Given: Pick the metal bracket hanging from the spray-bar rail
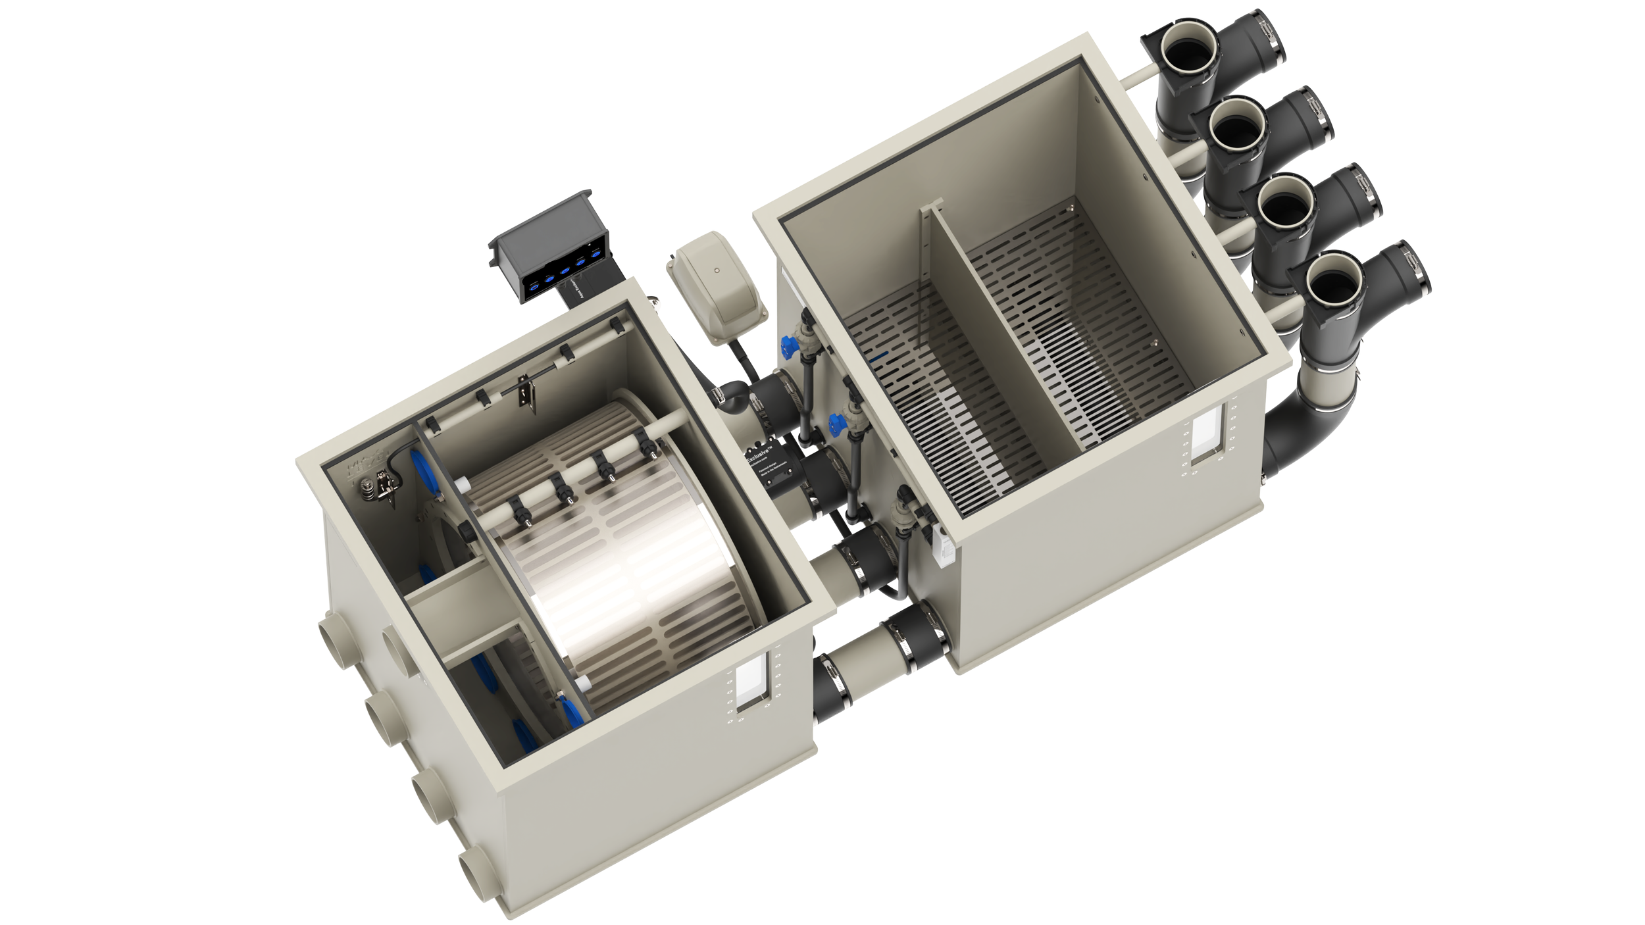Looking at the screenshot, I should (x=524, y=393).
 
